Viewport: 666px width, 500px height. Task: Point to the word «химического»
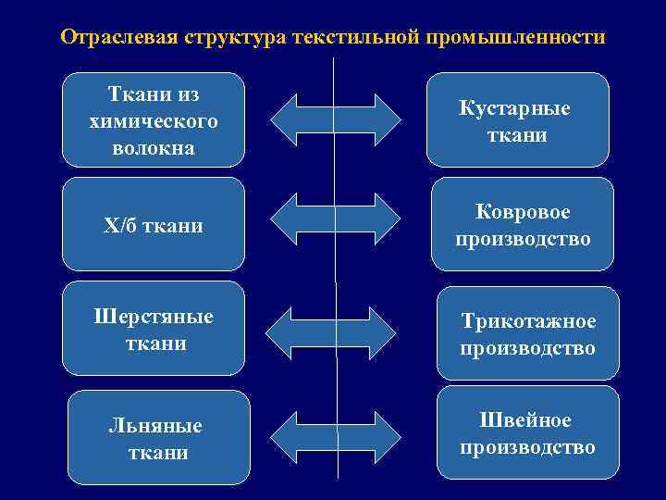click(154, 121)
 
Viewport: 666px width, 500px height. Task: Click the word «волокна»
click(154, 147)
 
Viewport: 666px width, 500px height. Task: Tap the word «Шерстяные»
click(154, 317)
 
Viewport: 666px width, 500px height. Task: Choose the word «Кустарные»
click(515, 108)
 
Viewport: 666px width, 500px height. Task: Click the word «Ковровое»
click(524, 212)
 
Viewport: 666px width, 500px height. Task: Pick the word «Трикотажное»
click(529, 322)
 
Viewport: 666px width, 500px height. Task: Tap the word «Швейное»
click(525, 421)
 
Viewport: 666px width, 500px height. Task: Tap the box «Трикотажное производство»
click(527, 333)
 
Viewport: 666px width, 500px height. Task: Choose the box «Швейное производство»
click(527, 432)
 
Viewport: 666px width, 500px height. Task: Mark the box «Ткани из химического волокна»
click(154, 119)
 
